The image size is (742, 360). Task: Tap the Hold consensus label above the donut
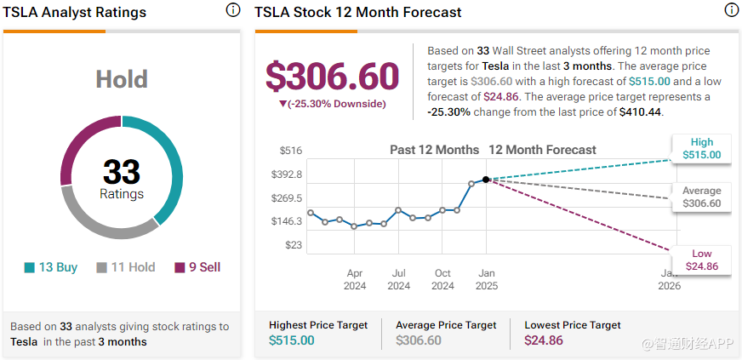pos(122,80)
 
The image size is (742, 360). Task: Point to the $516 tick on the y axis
pos(291,151)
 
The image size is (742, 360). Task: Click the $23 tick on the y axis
pos(293,245)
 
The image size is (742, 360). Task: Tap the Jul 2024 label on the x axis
pos(398,279)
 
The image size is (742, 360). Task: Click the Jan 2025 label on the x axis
pos(486,279)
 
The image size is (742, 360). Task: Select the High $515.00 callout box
pos(701,149)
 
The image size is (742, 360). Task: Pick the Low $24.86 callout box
pos(701,260)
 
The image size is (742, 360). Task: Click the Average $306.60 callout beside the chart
pos(701,197)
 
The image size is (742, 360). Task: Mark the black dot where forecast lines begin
pos(486,180)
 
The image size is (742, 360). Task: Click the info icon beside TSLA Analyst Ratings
pos(233,10)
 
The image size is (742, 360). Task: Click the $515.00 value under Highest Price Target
pos(291,340)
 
